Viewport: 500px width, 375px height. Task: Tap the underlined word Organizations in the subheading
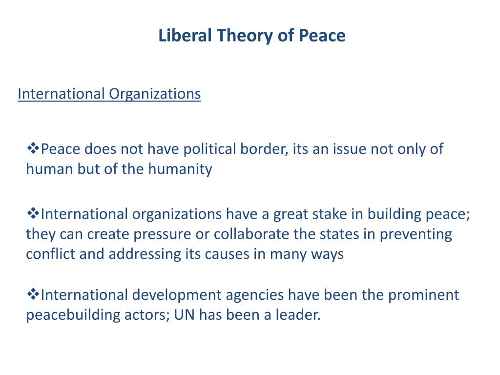pyautogui.click(x=155, y=93)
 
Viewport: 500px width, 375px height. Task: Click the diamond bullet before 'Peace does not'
pyautogui.click(x=33, y=148)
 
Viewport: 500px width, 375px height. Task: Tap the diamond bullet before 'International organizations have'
pyautogui.click(x=33, y=213)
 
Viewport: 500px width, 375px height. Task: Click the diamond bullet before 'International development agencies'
pyautogui.click(x=33, y=294)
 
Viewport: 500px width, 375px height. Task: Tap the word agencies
pyautogui.click(x=257, y=295)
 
